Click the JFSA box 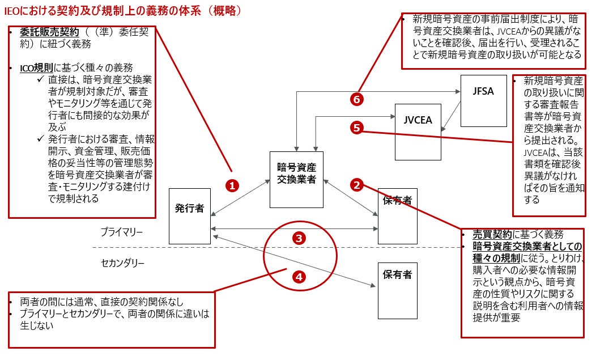pos(483,100)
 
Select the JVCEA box pos(418,132)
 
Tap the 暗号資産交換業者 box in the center pos(296,179)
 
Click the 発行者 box pos(190,215)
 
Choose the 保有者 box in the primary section pos(398,215)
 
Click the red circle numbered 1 pos(233,185)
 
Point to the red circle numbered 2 pos(356,184)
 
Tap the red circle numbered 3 pos(300,238)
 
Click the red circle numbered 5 pos(356,128)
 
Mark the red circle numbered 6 pos(356,99)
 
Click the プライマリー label pos(122,232)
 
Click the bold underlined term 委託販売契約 pos(42,32)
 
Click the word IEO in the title pos(12,10)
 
